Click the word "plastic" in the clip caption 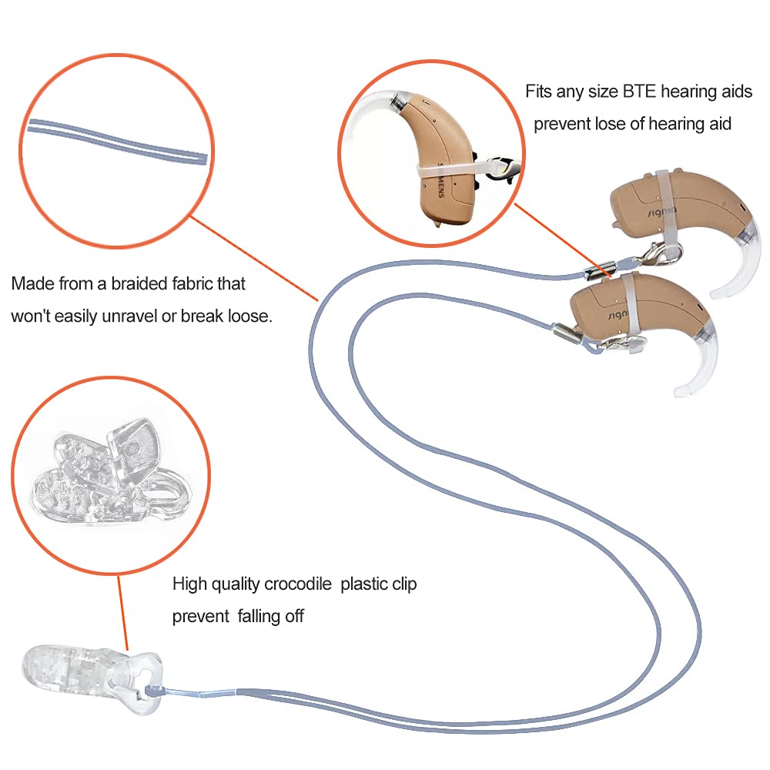367,584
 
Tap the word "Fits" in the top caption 540,92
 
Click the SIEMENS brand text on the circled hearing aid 440,182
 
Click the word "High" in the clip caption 189,584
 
